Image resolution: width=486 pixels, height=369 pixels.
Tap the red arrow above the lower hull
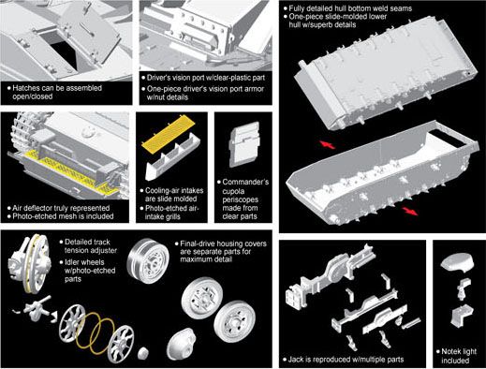pos(327,144)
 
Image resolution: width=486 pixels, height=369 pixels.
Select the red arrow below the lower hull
pos(409,211)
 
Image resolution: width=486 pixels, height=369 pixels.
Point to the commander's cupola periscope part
pos(244,144)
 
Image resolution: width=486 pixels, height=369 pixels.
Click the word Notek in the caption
pos(451,351)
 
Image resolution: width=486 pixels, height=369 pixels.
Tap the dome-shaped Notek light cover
pos(457,262)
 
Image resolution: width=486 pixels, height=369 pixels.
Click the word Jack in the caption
pos(296,360)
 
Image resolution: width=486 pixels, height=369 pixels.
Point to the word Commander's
pos(245,182)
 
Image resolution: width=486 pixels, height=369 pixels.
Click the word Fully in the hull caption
pos(298,8)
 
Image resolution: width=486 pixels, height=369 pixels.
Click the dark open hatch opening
pos(64,53)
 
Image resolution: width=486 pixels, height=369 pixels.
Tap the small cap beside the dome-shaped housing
pos(144,353)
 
